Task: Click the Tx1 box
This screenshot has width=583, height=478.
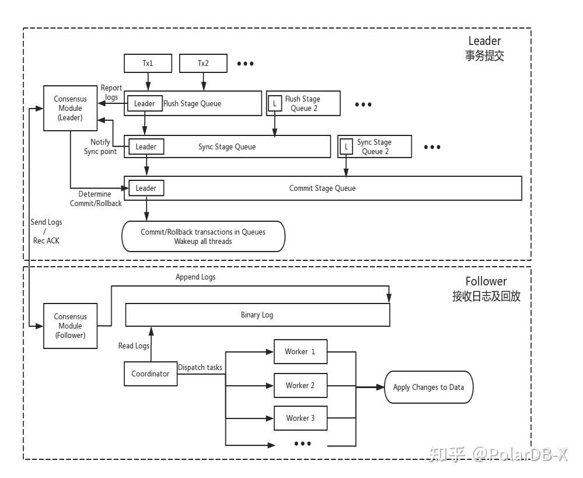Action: tap(148, 63)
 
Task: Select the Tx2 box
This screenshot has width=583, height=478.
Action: tap(203, 63)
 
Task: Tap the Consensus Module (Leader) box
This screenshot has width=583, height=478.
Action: tap(70, 108)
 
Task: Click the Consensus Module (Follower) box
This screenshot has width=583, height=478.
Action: tap(70, 326)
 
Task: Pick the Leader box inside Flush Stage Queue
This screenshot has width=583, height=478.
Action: tap(145, 103)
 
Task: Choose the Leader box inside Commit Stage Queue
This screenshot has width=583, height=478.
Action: tap(146, 189)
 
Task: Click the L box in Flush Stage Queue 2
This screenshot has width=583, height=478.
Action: tap(275, 103)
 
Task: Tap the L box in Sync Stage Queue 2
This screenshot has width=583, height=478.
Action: tap(346, 146)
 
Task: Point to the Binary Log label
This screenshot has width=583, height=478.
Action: tap(257, 315)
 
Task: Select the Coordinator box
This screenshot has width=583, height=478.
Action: tap(150, 374)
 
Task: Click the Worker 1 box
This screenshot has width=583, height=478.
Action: tap(301, 351)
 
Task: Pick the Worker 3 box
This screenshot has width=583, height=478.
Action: tap(301, 418)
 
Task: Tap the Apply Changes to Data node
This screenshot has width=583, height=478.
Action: tap(428, 387)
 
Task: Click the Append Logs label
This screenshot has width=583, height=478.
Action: tap(196, 277)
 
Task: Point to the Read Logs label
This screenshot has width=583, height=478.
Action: tap(134, 346)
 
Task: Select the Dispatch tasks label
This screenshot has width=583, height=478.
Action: tap(200, 368)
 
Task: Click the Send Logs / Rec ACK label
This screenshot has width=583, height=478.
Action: tap(46, 231)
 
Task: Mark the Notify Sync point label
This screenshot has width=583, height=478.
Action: tap(100, 146)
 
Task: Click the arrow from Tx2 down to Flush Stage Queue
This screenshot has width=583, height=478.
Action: tap(204, 82)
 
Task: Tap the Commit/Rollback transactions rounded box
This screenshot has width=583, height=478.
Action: tap(204, 236)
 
